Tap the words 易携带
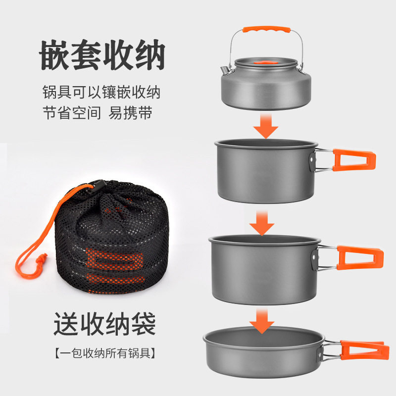click(131, 113)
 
